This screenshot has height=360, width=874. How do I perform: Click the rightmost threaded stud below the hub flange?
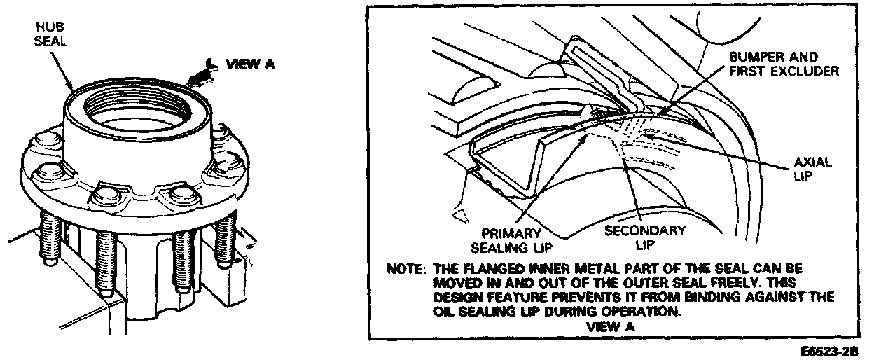click(225, 238)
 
